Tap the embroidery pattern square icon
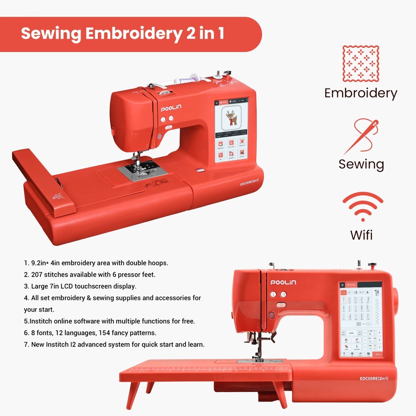click(x=360, y=64)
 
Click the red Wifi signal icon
click(x=362, y=206)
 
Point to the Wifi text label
click(x=361, y=235)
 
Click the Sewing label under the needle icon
click(x=361, y=164)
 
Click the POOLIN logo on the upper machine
click(x=171, y=109)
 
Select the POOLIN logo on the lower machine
click(x=283, y=282)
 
